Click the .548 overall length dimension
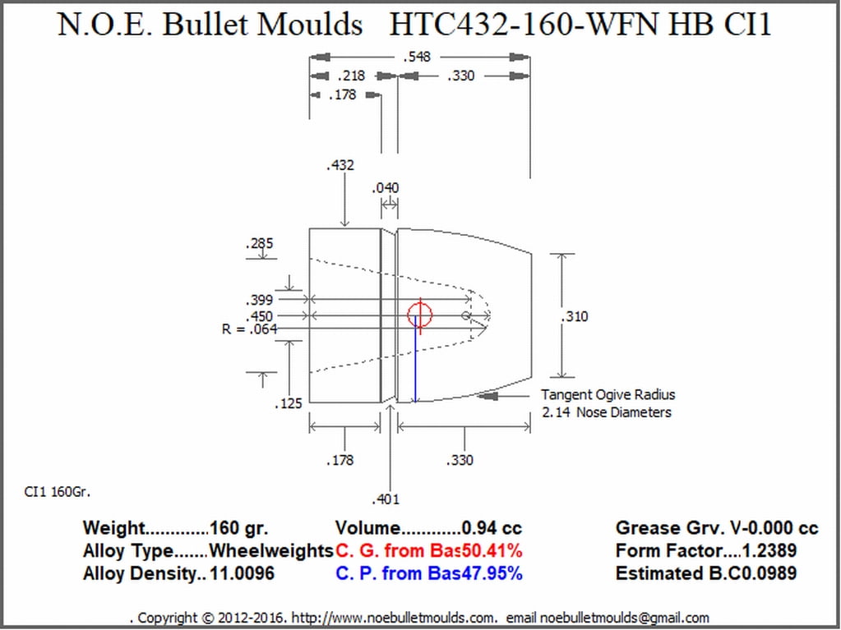click(417, 57)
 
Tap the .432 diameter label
click(340, 165)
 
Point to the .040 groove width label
click(386, 188)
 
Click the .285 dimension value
click(259, 244)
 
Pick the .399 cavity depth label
click(259, 300)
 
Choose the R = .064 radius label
click(250, 329)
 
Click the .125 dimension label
click(289, 403)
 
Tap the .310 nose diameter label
click(575, 316)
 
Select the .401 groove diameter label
click(386, 500)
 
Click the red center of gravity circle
click(419, 315)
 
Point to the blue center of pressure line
click(415, 358)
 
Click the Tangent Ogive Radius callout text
click(608, 395)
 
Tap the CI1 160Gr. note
click(58, 492)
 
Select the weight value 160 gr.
click(238, 528)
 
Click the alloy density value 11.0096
click(242, 574)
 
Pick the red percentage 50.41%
click(492, 550)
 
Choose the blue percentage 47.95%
click(492, 574)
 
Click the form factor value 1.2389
click(769, 550)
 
